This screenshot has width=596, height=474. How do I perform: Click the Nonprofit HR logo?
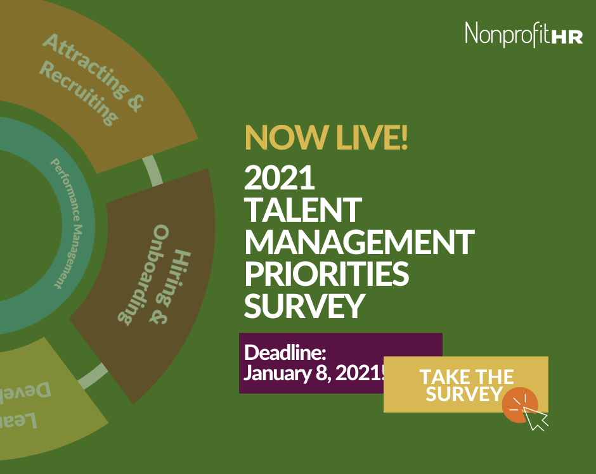(x=524, y=34)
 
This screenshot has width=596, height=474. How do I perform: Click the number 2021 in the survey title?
(x=280, y=179)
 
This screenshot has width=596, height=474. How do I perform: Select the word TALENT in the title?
(x=303, y=210)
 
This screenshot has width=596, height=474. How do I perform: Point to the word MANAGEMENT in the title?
(x=360, y=242)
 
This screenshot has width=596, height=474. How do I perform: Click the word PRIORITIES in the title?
(x=327, y=274)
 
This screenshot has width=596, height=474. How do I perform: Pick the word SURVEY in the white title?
(x=304, y=305)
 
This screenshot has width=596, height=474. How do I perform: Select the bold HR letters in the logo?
(x=567, y=37)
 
